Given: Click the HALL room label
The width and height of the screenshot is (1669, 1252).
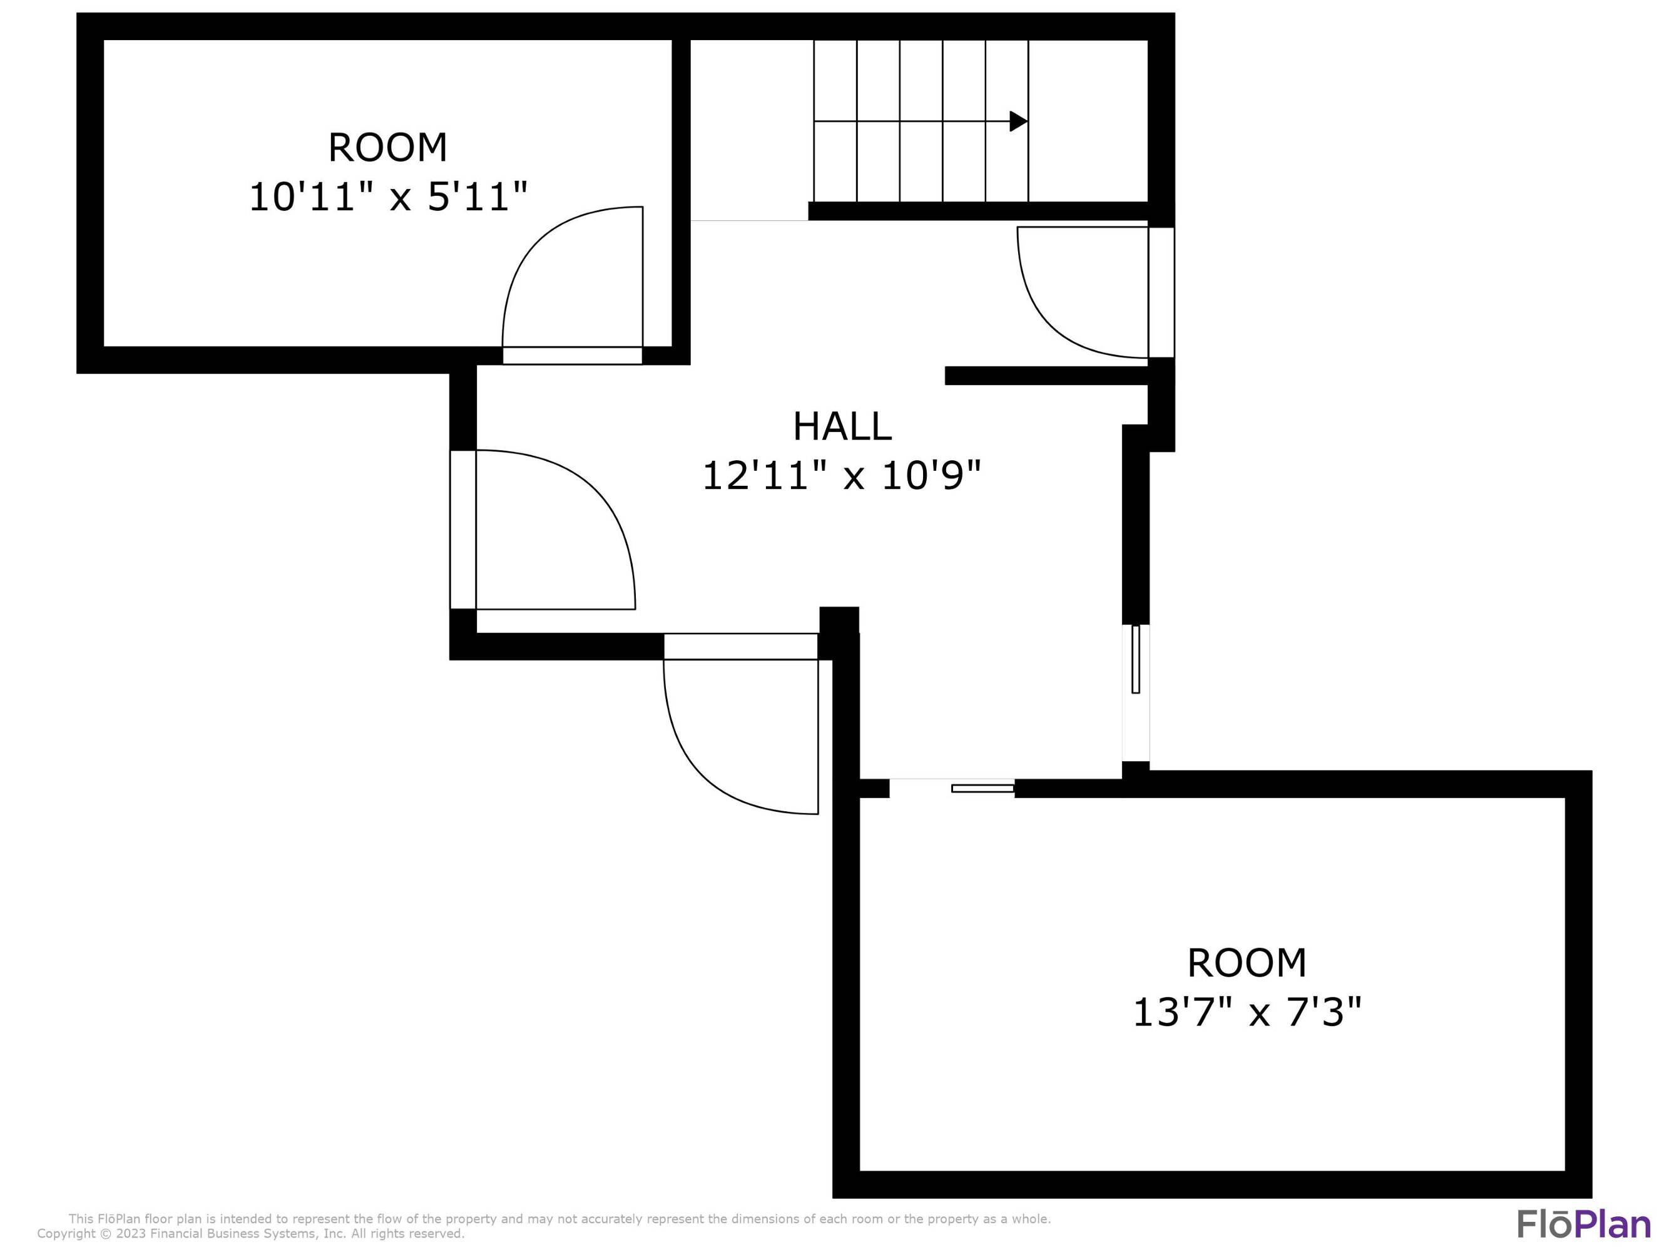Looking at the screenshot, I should (x=842, y=426).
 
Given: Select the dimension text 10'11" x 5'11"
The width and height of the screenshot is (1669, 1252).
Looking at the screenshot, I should (x=388, y=197).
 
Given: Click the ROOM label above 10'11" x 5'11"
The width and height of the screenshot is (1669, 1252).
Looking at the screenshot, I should (x=388, y=147).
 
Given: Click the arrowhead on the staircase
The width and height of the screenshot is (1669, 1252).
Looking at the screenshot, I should (x=1018, y=121).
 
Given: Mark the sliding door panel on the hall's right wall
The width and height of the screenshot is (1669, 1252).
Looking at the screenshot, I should (x=1136, y=659).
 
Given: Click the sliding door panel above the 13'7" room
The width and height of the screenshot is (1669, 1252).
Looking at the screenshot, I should (x=983, y=789).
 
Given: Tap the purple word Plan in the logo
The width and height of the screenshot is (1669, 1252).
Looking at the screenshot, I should (x=1613, y=1224).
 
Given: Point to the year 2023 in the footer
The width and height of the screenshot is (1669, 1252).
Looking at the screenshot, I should (x=131, y=1234).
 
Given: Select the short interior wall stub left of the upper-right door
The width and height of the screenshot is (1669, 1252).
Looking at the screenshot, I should (x=1045, y=376).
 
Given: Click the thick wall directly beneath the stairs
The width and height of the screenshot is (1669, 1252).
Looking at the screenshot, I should (x=977, y=212).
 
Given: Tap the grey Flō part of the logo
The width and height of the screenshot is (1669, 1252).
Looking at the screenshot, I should (x=1547, y=1224).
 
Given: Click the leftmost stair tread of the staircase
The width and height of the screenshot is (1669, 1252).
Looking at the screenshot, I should (x=835, y=121).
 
